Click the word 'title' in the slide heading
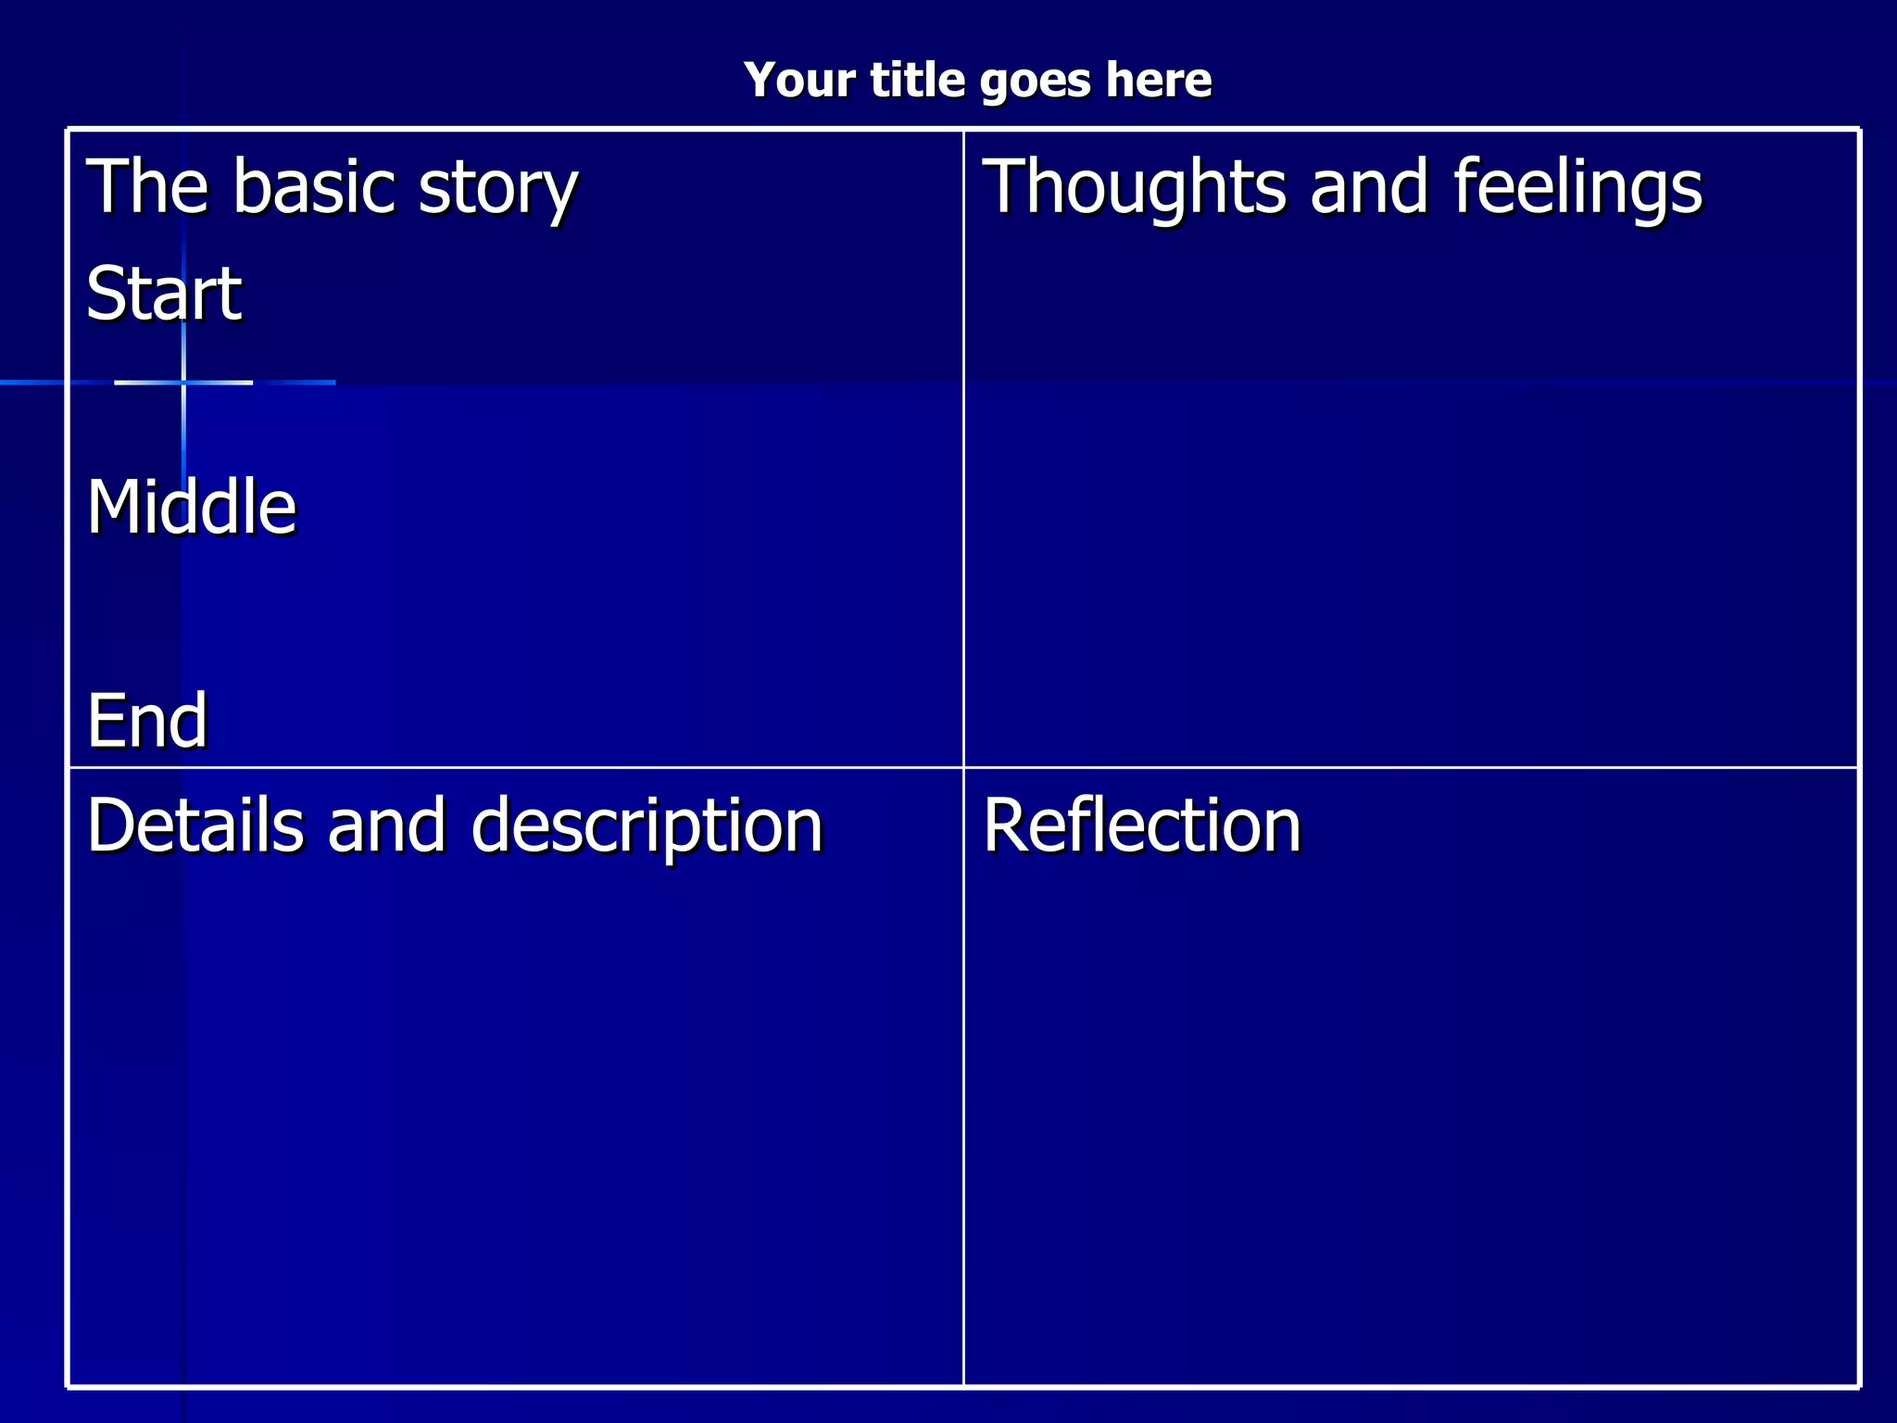pyautogui.click(x=917, y=80)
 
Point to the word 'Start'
pyautogui.click(x=164, y=293)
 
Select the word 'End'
pyautogui.click(x=146, y=720)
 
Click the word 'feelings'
pyautogui.click(x=1577, y=187)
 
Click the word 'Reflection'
pyautogui.click(x=1141, y=825)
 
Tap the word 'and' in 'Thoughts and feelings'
pyautogui.click(x=1368, y=186)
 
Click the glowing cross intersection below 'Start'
pyautogui.click(x=183, y=382)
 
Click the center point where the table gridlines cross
pyautogui.click(x=963, y=767)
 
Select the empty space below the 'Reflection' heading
pyautogui.click(x=1408, y=1112)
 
